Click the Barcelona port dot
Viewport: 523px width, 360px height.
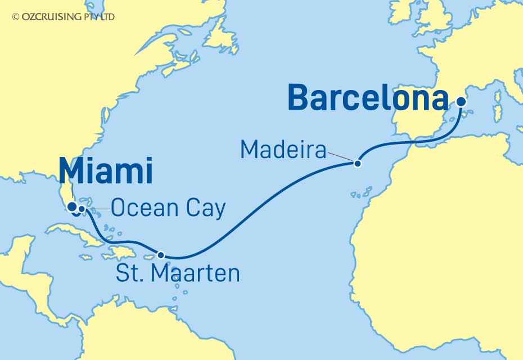(461, 102)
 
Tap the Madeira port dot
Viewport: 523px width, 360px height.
(357, 164)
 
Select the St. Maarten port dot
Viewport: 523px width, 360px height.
(161, 255)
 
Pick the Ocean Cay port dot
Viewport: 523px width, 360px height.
(82, 209)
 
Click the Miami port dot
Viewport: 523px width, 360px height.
(72, 207)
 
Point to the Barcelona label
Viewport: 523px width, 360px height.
(368, 98)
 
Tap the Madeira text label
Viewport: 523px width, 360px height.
(283, 150)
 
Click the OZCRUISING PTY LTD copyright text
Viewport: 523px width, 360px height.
(63, 17)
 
